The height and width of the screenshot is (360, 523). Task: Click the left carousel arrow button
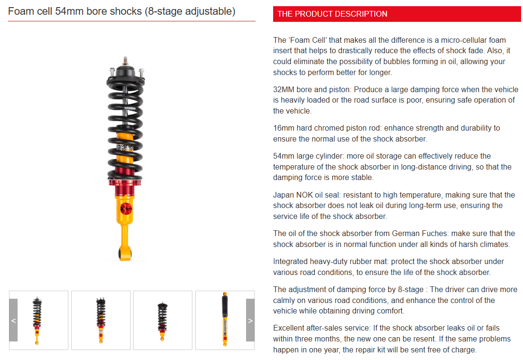pos(13,320)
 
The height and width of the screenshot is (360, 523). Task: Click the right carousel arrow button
pos(250,320)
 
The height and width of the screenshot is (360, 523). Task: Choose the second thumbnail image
pos(101,320)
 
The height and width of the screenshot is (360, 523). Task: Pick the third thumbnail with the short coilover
pos(162,320)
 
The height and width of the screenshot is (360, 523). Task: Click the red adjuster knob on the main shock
pos(126,209)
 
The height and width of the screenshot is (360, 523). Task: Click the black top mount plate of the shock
pos(125,71)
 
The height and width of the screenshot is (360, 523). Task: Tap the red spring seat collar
pos(125,183)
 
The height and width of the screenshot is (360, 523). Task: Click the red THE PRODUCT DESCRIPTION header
pos(397,14)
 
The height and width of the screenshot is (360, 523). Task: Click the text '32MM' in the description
pos(284,89)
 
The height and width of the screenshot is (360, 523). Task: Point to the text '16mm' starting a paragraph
pos(283,128)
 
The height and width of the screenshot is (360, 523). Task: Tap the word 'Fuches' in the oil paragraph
pos(436,234)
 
